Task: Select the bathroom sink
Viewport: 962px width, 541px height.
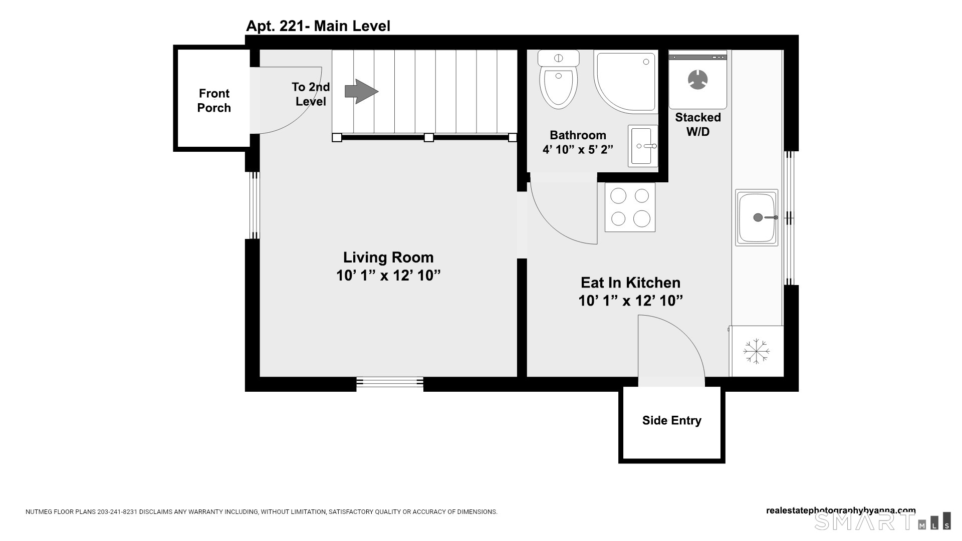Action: (x=643, y=146)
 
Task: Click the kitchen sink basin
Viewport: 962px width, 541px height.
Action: (x=757, y=217)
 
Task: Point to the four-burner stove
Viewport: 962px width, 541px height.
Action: (x=630, y=207)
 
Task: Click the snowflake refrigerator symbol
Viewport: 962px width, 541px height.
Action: (x=756, y=351)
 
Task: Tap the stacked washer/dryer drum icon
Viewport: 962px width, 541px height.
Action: (x=697, y=80)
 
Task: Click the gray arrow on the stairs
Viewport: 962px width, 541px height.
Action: (x=361, y=91)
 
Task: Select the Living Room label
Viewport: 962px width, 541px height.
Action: (x=388, y=257)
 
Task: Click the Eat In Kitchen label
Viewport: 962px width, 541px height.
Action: (x=630, y=283)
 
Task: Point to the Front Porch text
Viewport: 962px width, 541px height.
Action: (x=214, y=101)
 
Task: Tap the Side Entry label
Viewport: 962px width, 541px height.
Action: (x=671, y=420)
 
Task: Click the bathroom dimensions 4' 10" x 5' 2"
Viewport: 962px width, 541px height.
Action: (x=578, y=149)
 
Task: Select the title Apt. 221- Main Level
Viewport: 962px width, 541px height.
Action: (x=318, y=26)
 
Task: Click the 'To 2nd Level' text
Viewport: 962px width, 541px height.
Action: (x=311, y=94)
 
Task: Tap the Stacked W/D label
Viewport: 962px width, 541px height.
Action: (x=698, y=124)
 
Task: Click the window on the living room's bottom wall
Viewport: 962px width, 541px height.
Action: (x=390, y=384)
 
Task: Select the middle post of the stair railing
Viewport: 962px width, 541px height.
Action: (x=429, y=137)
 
